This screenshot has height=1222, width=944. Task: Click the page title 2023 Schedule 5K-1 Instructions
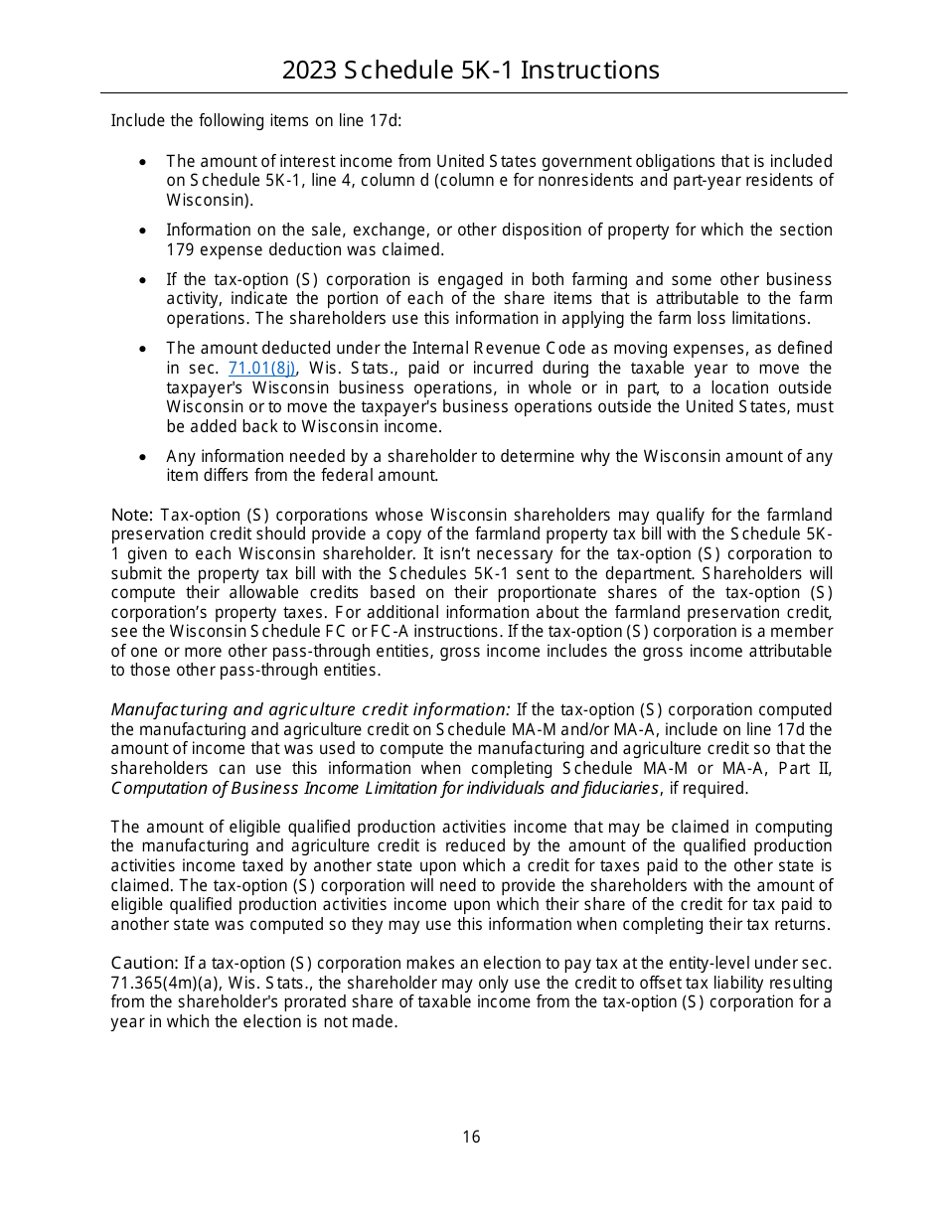coord(471,70)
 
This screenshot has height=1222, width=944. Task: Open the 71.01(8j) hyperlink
coord(262,369)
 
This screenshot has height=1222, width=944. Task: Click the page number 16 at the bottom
coord(471,1137)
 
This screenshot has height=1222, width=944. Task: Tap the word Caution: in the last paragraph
coord(144,964)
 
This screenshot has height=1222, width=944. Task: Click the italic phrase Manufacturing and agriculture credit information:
coord(310,710)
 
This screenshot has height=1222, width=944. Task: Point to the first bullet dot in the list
coord(145,161)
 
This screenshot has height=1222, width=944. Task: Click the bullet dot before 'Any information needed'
coord(145,457)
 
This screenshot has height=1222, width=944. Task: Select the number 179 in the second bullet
coord(179,249)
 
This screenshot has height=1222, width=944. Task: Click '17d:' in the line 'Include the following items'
coord(385,121)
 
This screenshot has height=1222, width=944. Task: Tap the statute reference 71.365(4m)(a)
coord(160,984)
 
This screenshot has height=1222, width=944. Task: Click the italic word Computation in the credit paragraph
coord(155,788)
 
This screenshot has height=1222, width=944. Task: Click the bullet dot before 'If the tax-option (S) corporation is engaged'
coord(145,280)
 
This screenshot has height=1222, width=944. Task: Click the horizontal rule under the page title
coord(473,93)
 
